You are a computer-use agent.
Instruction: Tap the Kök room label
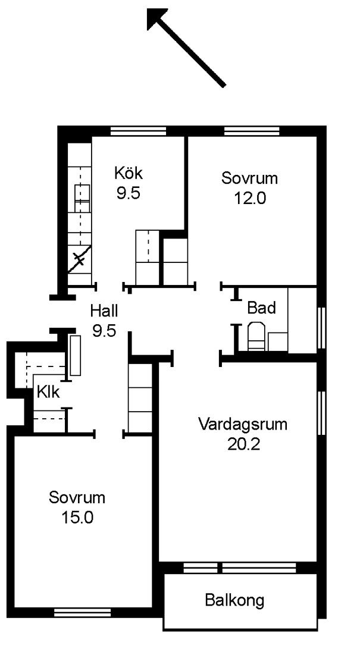tap(129, 173)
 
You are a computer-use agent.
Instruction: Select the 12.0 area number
tap(249, 199)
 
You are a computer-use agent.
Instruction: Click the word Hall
tap(104, 310)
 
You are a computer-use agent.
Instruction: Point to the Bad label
tap(261, 308)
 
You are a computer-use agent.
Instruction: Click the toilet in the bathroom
tap(256, 336)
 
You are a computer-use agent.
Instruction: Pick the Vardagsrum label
tap(243, 424)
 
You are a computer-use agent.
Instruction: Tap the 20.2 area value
tap(243, 444)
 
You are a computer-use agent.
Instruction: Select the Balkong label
tap(234, 600)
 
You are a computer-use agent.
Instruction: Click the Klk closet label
tap(48, 391)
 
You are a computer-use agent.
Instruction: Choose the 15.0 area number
tap(77, 518)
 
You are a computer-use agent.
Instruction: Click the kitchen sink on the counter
tap(82, 199)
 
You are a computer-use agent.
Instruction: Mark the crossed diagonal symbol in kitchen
tap(80, 259)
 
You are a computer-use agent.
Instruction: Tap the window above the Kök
tap(138, 131)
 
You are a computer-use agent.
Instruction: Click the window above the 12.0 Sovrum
tap(252, 131)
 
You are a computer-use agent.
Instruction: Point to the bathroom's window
tap(321, 328)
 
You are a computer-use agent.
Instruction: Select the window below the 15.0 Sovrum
tap(83, 613)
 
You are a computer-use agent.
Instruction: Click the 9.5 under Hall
tap(104, 331)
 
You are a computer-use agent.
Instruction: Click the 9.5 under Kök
tap(129, 193)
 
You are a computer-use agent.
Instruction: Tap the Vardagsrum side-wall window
tap(321, 413)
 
